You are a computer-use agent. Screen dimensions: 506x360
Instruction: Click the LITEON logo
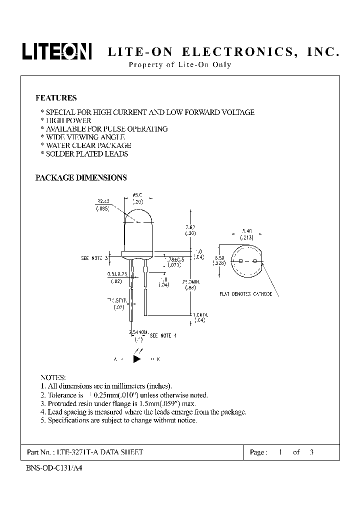(56, 51)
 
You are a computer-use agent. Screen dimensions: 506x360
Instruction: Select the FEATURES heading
(56, 98)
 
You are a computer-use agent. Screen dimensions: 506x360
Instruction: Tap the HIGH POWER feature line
(68, 120)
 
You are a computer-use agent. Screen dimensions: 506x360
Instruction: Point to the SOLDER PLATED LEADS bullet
(86, 154)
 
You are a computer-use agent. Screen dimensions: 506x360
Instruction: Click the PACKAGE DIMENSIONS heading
(81, 177)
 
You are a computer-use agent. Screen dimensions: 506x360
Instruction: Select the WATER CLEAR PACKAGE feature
(88, 145)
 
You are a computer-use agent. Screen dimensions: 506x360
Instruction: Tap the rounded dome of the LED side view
(136, 220)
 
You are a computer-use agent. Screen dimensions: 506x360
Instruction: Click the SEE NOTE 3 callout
(94, 258)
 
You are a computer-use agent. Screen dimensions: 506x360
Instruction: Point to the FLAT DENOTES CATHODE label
(246, 294)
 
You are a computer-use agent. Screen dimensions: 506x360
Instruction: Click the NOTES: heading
(52, 377)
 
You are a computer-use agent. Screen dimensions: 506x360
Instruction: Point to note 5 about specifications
(118, 420)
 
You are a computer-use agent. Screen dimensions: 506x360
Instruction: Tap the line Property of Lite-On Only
(180, 65)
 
